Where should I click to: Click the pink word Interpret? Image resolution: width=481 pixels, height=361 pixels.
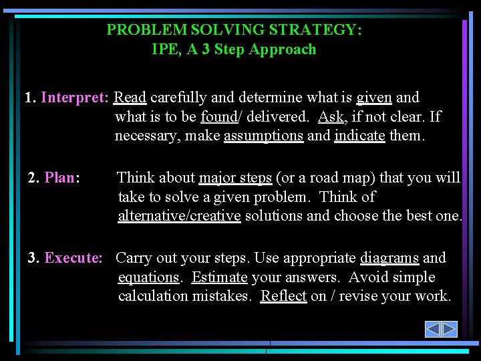coord(75,98)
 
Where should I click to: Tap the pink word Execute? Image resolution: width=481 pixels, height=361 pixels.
coord(73,258)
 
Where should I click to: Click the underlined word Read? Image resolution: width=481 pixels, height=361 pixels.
coord(130,98)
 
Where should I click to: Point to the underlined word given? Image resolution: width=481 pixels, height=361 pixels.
coord(374,98)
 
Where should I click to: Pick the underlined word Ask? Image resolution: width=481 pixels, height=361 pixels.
coord(331,117)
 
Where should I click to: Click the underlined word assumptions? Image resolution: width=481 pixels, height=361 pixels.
coord(263,136)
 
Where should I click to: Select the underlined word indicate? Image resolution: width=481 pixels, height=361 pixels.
coord(359,136)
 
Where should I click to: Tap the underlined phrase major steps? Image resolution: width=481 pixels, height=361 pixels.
coord(235,178)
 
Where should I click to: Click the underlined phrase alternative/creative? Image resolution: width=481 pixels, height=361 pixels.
coord(179,217)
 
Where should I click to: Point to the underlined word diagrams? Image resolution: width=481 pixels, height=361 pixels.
coord(389,258)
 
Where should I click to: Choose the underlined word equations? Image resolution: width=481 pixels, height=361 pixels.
coord(148,277)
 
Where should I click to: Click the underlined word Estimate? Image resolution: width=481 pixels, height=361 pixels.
coord(220,277)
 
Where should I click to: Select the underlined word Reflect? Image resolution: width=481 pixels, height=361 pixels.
coord(283,296)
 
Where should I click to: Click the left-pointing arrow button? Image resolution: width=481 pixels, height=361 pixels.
coord(433,329)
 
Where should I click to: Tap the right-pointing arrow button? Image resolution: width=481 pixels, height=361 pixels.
coord(449,329)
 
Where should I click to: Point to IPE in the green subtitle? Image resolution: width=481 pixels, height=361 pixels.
coord(164,49)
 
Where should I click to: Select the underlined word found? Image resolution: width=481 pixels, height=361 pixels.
coord(218,117)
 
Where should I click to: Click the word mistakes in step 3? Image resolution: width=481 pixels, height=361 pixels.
coord(222,296)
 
